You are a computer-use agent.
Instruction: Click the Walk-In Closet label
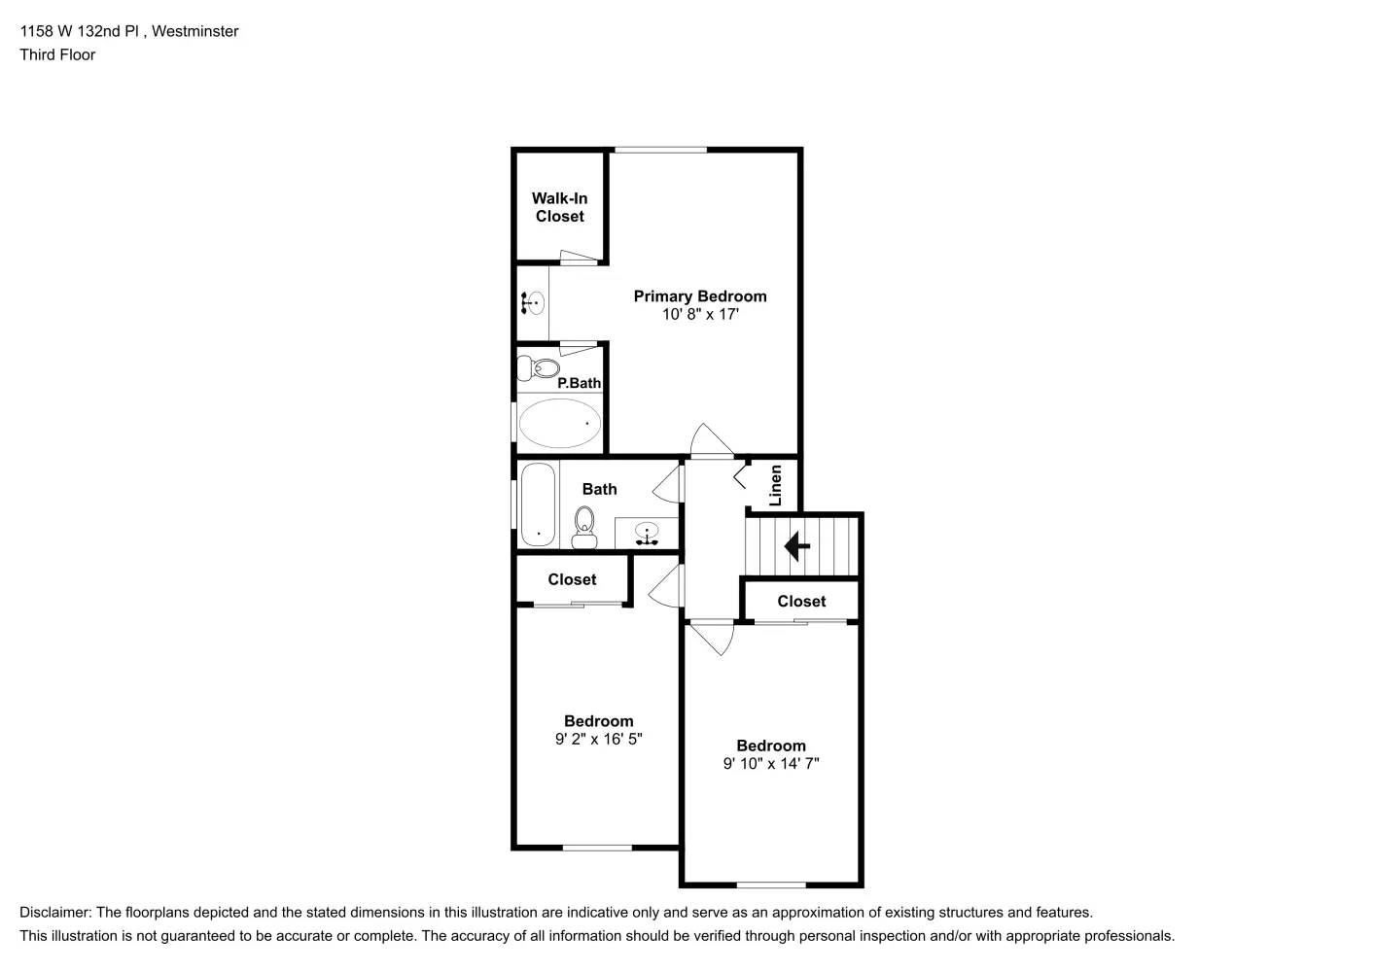coord(559,207)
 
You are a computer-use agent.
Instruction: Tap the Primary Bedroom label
coord(700,296)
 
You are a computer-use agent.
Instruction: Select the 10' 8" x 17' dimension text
coord(700,315)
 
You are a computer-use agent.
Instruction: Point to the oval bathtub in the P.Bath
coord(559,424)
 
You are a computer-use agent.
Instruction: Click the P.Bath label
coord(579,383)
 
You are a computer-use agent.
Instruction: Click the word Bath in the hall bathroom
coord(599,489)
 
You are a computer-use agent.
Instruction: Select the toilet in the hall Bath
coord(584,523)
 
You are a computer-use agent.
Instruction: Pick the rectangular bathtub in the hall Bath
coord(538,504)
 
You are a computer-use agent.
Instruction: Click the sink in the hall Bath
coord(647,533)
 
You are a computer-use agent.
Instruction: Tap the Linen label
coord(775,485)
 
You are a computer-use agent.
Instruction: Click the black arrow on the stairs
coord(797,546)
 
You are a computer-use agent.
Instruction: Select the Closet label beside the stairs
coord(801,602)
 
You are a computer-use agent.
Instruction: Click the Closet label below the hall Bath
coord(572,579)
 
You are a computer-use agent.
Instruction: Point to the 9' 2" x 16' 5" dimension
coord(599,739)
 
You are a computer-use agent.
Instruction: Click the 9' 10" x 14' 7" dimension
coord(771,764)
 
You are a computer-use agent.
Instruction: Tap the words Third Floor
coord(57,54)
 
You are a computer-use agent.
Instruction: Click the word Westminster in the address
coord(196,31)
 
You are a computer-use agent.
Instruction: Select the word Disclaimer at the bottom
coord(54,913)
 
